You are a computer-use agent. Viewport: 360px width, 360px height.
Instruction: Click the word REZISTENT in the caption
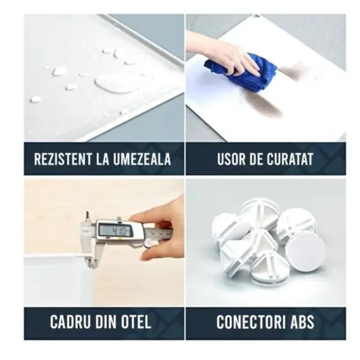[63, 159]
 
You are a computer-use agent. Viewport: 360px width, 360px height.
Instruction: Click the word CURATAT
[290, 159]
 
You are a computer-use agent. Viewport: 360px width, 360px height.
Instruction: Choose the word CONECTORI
[250, 322]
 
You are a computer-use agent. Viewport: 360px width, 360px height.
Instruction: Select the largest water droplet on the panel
[114, 83]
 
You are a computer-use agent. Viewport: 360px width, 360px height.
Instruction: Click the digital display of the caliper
[115, 230]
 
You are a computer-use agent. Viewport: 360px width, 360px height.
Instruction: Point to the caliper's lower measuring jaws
[91, 257]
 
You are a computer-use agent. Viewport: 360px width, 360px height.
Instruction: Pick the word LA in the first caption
[103, 159]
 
